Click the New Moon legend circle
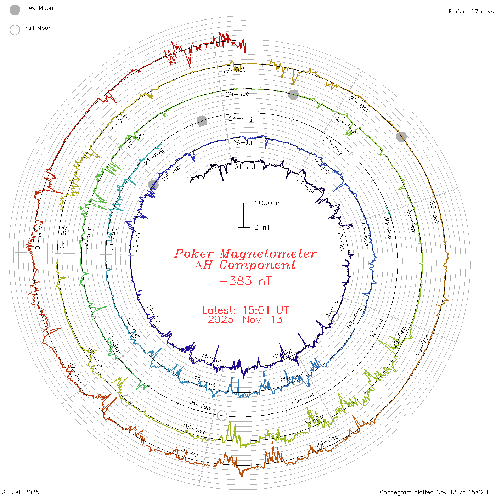click(15, 10)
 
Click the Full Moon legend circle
click(15, 30)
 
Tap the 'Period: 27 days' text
click(471, 12)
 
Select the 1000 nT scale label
click(269, 203)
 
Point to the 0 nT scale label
click(262, 227)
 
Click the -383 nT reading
click(245, 281)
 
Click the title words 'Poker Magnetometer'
click(245, 254)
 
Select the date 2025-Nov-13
click(245, 320)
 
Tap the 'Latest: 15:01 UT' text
click(245, 310)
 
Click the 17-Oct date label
click(234, 70)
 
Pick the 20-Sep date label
click(237, 94)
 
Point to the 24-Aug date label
click(241, 118)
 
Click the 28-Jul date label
click(243, 142)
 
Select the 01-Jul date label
click(244, 167)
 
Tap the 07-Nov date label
click(39, 237)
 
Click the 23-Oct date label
click(434, 212)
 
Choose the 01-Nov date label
click(190, 452)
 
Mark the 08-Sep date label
click(199, 405)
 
